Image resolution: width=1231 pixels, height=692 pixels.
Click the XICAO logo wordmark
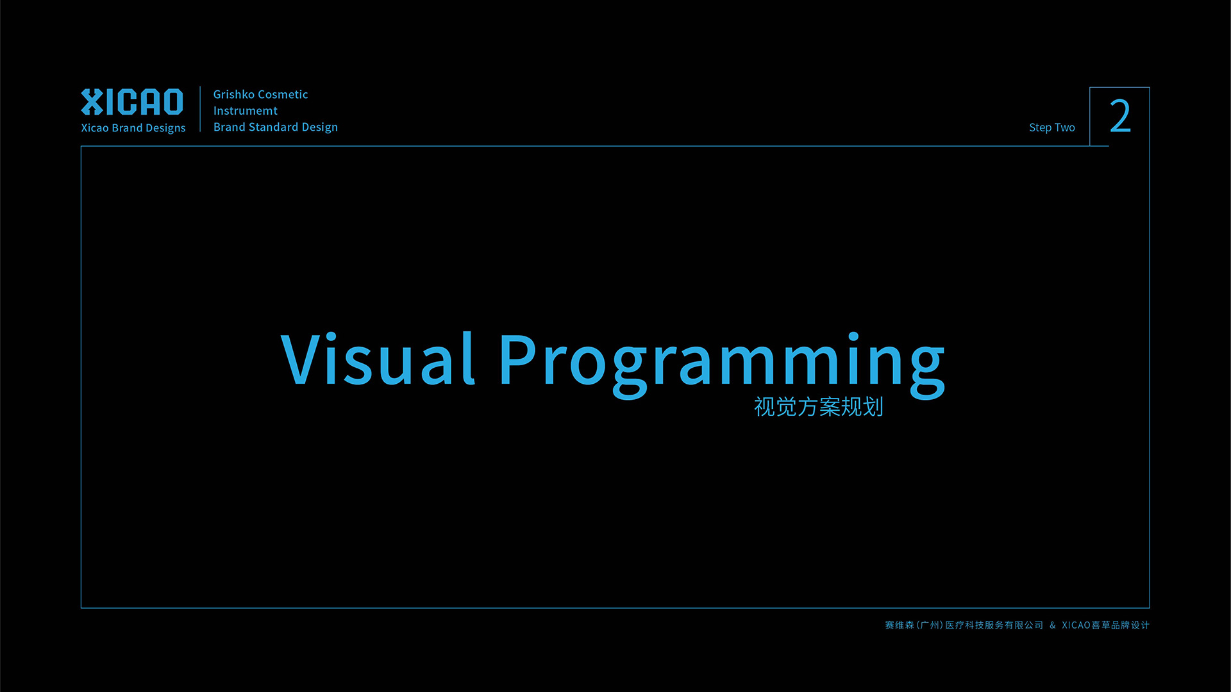tap(132, 102)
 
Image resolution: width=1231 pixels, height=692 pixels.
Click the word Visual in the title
tap(378, 359)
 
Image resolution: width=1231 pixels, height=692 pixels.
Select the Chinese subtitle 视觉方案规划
tap(819, 407)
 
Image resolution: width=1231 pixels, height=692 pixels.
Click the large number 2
tap(1120, 116)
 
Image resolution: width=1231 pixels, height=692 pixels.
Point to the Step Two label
tap(1052, 128)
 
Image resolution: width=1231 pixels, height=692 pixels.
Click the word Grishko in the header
tap(234, 94)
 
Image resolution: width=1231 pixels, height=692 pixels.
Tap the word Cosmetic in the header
tap(283, 94)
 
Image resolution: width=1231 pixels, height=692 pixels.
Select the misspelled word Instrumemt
tap(246, 111)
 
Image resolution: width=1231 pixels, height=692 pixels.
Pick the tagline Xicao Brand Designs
tap(133, 128)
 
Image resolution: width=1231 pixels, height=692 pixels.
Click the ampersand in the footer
tap(1053, 625)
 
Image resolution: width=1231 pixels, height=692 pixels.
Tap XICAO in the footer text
tap(1076, 625)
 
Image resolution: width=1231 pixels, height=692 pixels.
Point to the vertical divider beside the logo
tap(200, 109)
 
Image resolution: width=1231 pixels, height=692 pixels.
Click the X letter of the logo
tap(92, 102)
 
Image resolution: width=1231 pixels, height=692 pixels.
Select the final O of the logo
tap(172, 102)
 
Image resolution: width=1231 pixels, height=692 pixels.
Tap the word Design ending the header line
tap(320, 128)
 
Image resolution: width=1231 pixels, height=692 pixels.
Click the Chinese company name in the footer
tap(964, 625)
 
